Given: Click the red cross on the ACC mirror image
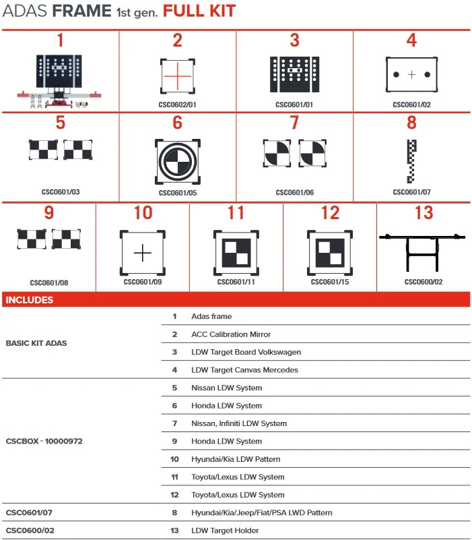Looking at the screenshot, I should tap(177, 76).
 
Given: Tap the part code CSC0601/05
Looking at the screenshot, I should tap(177, 193).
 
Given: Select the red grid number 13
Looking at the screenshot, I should tap(424, 213).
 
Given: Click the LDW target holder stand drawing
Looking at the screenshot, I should tap(424, 252).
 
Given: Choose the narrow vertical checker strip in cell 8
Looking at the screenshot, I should tap(412, 161).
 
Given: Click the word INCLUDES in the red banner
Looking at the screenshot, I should tap(30, 300).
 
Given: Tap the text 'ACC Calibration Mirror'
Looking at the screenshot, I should tap(231, 334).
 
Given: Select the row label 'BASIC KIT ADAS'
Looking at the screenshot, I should tap(36, 343).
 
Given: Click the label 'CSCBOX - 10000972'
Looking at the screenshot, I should tap(44, 442).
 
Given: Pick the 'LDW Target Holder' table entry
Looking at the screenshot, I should tap(225, 531).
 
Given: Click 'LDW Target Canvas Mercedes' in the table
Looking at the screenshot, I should tap(244, 370).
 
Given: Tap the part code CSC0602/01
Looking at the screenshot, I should tap(177, 105).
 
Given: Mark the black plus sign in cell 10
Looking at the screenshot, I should tap(143, 253).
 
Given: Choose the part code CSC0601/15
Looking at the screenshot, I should tap(330, 282).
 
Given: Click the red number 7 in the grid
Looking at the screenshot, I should tap(294, 123).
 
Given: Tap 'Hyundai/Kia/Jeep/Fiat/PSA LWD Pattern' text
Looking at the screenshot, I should tap(262, 513).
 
